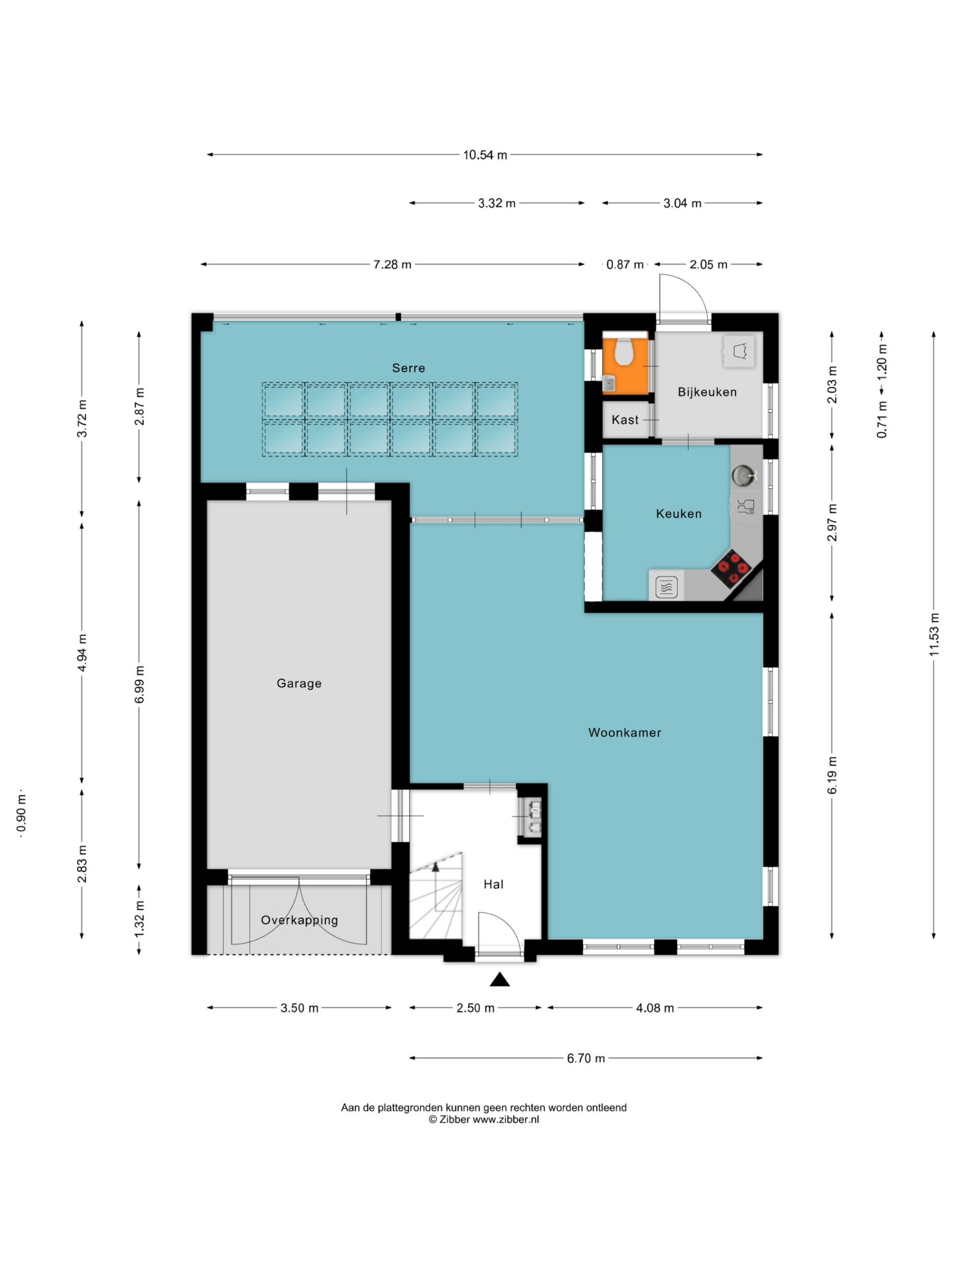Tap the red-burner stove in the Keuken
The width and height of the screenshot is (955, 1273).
(732, 568)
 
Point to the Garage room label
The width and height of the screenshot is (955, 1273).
(299, 683)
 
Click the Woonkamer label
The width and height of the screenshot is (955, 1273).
(625, 733)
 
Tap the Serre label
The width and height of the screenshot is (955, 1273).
(409, 368)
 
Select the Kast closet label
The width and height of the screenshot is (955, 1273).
(625, 420)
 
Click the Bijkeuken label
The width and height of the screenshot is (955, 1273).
(707, 392)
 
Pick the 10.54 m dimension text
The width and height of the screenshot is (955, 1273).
(485, 155)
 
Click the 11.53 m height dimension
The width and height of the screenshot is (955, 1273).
(934, 634)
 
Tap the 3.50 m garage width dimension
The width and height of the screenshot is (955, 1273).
(299, 1008)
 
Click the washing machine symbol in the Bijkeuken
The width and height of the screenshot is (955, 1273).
(739, 350)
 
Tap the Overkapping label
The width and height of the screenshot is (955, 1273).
(299, 920)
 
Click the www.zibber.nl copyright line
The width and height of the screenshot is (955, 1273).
(484, 1119)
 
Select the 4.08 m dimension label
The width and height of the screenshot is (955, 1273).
(655, 1008)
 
